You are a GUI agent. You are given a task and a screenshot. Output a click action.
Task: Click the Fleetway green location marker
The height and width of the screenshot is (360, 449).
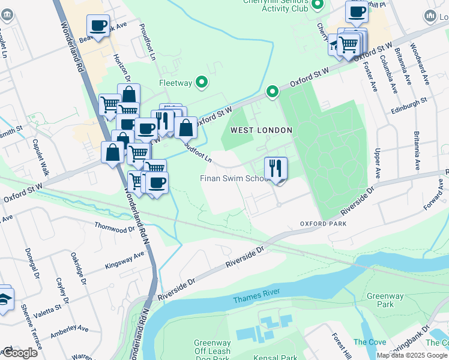point(202,82)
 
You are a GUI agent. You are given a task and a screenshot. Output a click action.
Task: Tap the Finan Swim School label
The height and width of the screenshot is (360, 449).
point(234,179)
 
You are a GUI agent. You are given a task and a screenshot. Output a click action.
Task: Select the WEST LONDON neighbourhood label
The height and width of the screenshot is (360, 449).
point(262,130)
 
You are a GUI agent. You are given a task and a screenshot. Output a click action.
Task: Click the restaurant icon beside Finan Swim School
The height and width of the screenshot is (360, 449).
point(276,168)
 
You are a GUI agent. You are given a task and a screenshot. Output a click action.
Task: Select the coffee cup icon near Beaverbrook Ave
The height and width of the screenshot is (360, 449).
point(98,26)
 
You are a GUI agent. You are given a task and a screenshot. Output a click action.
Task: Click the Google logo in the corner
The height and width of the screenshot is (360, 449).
point(19,353)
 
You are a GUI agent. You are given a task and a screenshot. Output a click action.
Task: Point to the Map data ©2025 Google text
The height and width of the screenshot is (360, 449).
point(412,355)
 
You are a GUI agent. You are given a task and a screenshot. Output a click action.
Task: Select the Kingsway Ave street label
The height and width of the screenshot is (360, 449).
point(125,259)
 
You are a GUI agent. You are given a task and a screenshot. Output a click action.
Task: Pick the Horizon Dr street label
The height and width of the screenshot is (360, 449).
point(122,65)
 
